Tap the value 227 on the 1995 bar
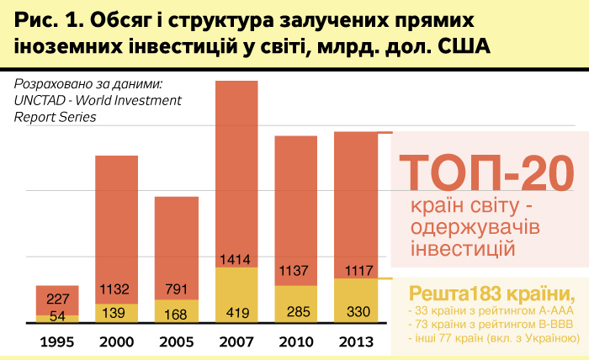[57, 299]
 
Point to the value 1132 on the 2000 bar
[115, 289]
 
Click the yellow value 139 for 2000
[115, 312]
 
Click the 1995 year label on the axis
[57, 342]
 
